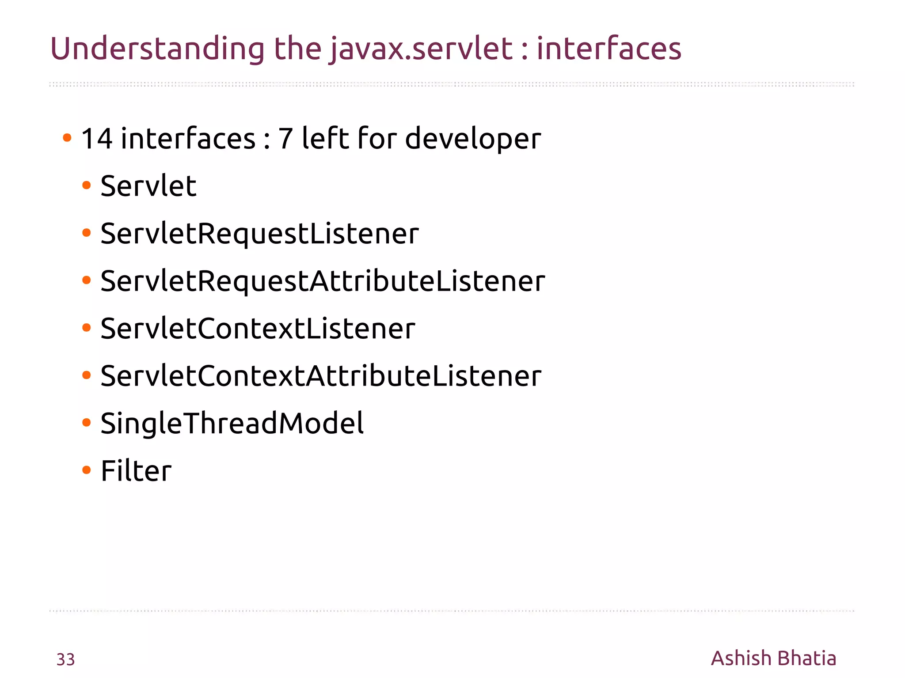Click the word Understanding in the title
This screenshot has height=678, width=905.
click(157, 49)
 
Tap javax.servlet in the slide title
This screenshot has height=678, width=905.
click(422, 49)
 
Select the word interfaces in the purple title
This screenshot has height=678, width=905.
click(608, 49)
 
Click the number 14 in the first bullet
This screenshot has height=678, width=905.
click(97, 139)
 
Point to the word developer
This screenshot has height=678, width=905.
click(473, 140)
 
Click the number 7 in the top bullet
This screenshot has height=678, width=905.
click(285, 139)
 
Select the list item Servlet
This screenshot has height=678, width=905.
click(148, 186)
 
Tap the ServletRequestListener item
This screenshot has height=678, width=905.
click(259, 234)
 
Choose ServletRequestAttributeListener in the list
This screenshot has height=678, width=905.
click(323, 281)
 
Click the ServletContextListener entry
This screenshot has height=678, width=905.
click(258, 329)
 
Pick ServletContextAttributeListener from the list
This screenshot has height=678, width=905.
click(321, 376)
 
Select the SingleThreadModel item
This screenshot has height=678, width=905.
click(232, 424)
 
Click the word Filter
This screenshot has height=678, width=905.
click(136, 471)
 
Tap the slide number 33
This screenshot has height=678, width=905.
click(65, 659)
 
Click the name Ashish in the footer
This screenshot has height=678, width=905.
click(741, 658)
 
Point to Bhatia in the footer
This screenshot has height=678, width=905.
click(806, 658)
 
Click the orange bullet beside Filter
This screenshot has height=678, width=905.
click(87, 470)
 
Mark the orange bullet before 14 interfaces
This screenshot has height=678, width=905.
click(67, 138)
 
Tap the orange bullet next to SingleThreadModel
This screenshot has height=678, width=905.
click(87, 423)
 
